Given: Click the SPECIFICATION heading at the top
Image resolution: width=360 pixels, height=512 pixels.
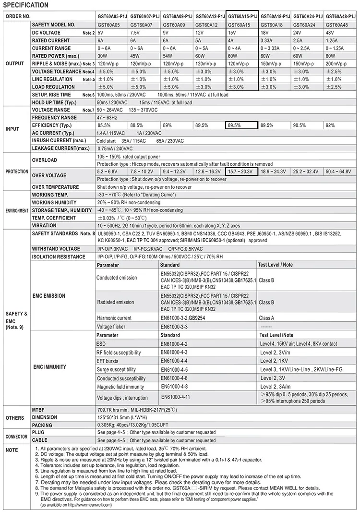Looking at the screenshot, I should (25, 5).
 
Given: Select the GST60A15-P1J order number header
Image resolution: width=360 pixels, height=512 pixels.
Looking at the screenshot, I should (242, 16).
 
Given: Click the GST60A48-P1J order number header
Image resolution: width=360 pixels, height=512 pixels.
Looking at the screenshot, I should (340, 16).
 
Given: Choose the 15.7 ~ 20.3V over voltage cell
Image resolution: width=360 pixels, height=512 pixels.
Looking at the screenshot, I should (240, 171).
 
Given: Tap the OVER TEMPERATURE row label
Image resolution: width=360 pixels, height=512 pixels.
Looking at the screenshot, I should (55, 187).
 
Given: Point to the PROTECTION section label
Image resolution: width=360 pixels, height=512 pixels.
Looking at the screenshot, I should (16, 171).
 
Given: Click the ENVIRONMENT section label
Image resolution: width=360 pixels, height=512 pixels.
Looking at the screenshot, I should (16, 210).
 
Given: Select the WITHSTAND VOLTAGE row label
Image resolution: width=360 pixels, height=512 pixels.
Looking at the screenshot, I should (56, 249).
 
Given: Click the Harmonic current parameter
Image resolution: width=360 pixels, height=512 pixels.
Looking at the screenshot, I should (114, 318).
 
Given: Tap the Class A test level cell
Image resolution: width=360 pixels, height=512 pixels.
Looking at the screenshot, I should (266, 318).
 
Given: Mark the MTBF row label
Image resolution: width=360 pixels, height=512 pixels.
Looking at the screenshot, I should (38, 410).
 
